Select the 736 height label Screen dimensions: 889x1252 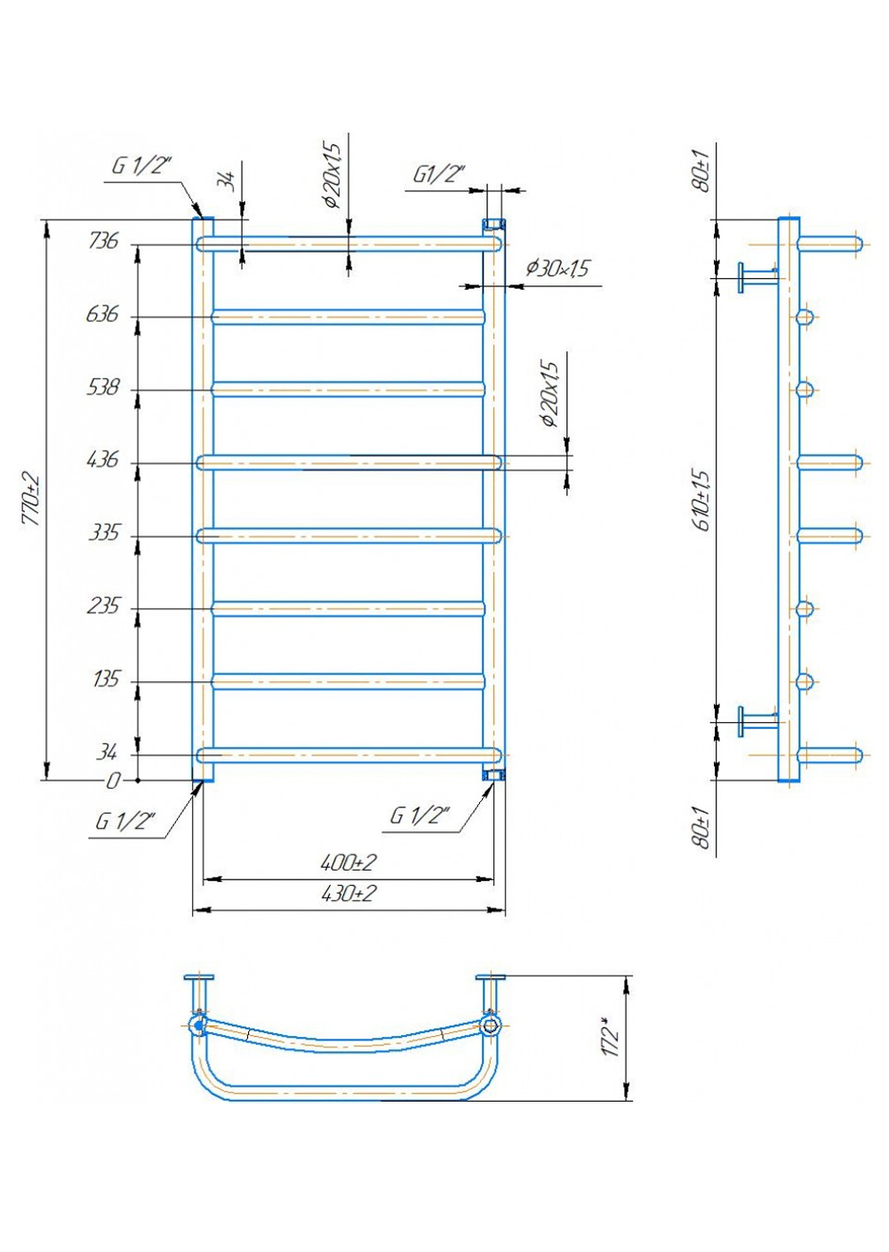[x=103, y=242]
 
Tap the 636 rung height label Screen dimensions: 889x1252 [x=102, y=315]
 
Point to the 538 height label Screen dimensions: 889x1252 [x=103, y=388]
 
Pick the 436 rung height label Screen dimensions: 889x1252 [x=103, y=460]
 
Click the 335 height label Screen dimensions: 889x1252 [x=104, y=534]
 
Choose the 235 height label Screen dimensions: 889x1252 [x=103, y=606]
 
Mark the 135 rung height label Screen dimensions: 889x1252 [x=106, y=679]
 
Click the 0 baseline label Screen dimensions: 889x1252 [x=112, y=781]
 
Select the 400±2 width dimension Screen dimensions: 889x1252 [x=348, y=863]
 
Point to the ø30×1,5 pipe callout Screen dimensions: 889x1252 [x=557, y=269]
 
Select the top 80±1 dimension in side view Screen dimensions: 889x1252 [x=703, y=171]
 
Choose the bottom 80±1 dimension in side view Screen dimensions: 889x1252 [x=703, y=829]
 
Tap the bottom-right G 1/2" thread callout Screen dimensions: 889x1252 [x=419, y=816]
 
